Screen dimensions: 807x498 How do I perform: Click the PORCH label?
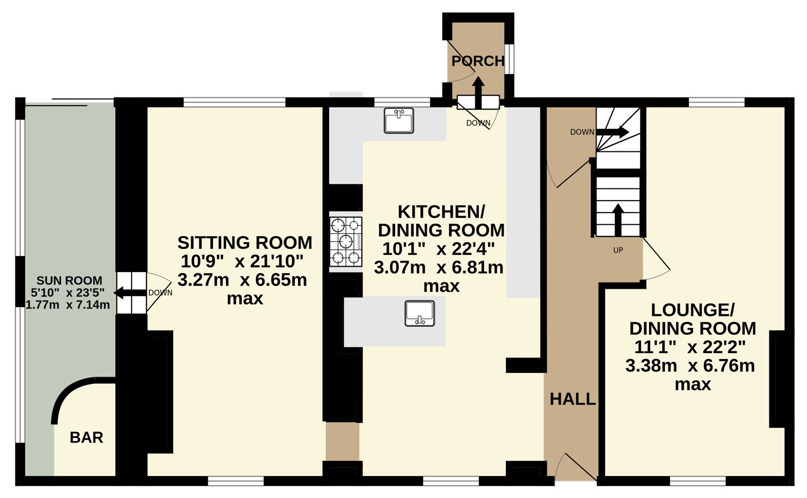478,61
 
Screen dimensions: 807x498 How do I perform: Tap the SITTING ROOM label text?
245,243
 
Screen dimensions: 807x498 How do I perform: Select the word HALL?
573,399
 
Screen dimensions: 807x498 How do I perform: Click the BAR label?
86,437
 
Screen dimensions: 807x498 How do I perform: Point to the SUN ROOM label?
69,280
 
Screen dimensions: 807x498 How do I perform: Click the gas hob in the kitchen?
346,241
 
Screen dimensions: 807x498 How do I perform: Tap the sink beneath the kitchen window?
398,120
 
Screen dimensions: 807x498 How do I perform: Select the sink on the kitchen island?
419,313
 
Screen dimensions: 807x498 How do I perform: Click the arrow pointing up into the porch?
478,92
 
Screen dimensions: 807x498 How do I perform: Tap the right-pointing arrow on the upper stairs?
613,132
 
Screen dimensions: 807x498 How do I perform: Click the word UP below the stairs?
618,250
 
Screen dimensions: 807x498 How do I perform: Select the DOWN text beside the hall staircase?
582,132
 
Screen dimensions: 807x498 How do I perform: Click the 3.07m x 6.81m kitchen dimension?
439,268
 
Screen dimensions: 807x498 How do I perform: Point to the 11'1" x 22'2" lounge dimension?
689,347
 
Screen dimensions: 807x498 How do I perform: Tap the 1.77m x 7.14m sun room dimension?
68,305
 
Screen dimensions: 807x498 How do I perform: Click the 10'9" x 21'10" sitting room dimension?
242,261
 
